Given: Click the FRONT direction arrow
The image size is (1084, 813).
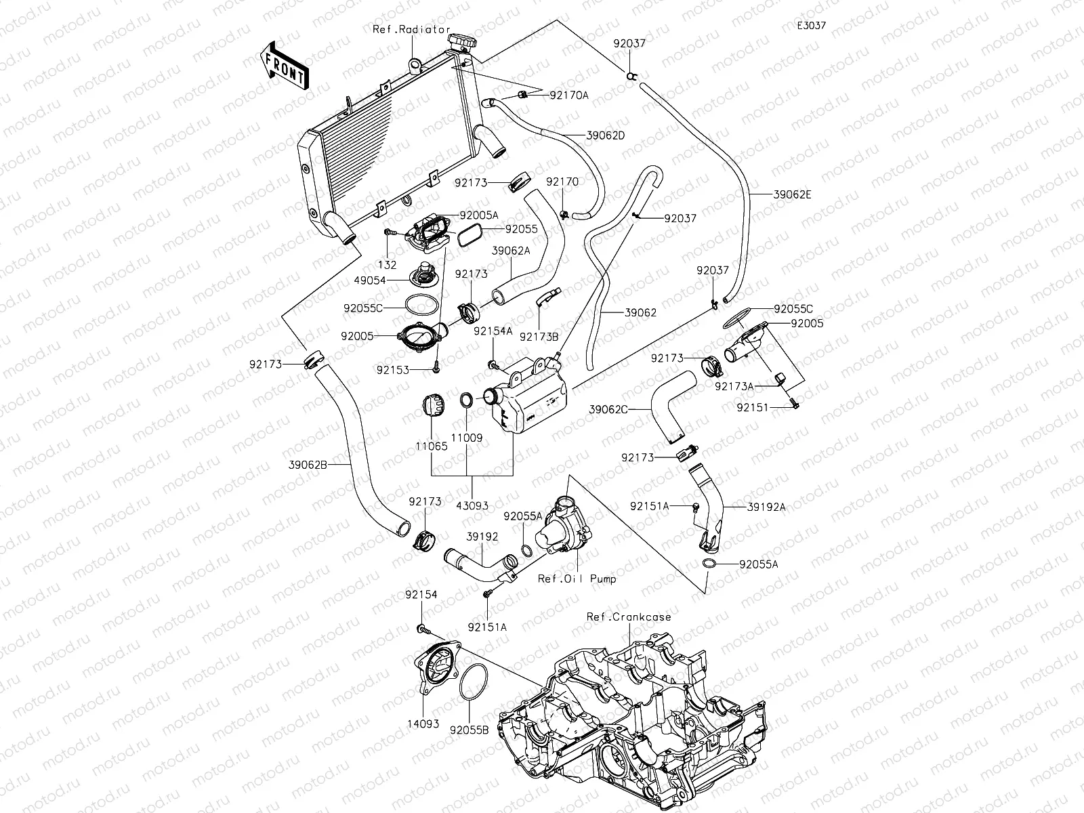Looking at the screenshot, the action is pos(284,66).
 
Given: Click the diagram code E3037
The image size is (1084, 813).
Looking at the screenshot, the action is pos(812,25).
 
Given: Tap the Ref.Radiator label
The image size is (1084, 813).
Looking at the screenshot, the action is pos(411,30).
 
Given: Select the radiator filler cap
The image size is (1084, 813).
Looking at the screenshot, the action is pos(463,43).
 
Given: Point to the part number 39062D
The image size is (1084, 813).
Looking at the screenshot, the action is pos(606,135).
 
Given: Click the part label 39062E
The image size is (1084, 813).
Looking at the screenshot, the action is pos(792,194).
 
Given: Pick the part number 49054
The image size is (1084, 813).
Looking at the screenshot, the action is pos(370,280).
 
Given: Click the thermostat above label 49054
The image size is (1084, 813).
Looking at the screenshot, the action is pos(421,275).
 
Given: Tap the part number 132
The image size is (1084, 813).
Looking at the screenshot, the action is pos(387,265).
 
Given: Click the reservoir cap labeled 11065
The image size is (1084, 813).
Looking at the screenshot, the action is pos(433,405).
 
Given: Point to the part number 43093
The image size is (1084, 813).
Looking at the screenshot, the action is pos(472,506).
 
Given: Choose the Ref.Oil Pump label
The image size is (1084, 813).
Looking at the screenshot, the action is pos(577,579).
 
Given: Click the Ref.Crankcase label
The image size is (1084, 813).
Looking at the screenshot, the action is pos(629,617).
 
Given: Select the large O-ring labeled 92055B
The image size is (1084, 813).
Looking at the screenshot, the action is pos(473,681).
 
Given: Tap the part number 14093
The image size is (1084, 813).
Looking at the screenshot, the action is pos(423,724).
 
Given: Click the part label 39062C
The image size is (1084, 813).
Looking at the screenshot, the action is pos(608,410).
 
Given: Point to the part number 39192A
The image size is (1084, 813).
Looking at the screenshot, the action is pos(766,507).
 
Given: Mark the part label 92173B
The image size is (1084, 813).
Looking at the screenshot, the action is pos(539,337).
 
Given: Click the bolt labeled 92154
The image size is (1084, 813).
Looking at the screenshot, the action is pos(422,629).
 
